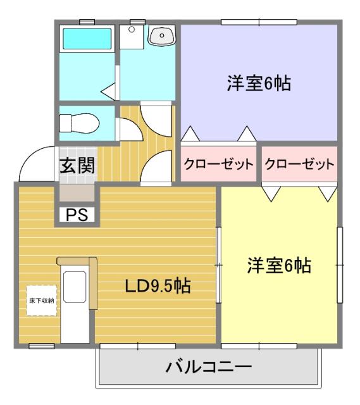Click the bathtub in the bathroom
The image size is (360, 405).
(x=87, y=39)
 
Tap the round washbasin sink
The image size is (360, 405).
(x=162, y=37)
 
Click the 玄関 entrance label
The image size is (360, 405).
(x=77, y=166)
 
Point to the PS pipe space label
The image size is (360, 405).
(x=77, y=215)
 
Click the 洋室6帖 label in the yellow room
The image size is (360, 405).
(x=278, y=266)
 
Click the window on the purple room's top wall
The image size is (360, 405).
(x=259, y=23)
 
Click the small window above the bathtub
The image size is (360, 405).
(x=87, y=23)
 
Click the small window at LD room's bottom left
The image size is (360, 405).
(x=41, y=346)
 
